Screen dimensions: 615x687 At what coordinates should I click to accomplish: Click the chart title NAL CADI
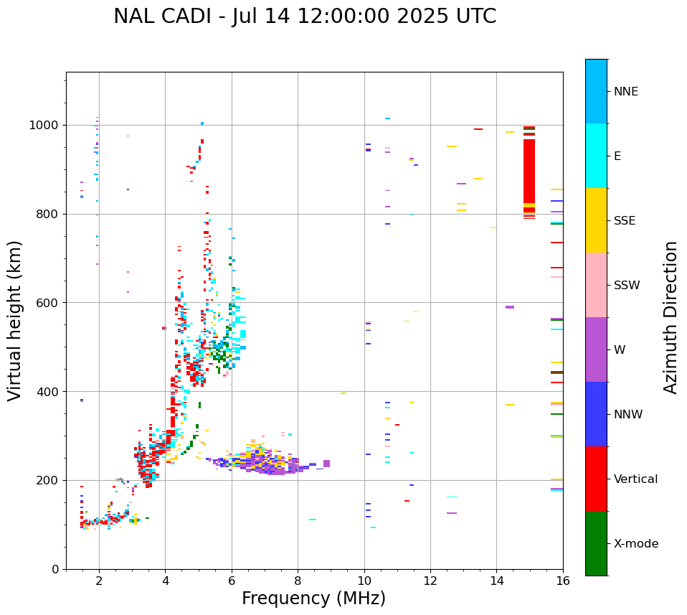305,17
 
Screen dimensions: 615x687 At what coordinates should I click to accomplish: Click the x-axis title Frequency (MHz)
313,598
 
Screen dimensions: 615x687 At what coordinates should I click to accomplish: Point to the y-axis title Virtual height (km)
15,320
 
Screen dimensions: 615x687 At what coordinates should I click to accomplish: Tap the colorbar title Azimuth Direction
671,317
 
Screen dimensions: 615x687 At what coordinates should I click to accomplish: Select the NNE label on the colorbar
625,92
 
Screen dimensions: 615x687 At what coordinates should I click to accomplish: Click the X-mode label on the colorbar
635,544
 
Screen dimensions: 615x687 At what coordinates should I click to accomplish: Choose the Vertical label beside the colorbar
635,479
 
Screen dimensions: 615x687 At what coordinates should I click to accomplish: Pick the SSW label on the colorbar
627,286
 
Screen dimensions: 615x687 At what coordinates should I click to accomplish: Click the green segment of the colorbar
596,543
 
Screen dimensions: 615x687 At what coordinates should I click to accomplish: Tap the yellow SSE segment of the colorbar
596,220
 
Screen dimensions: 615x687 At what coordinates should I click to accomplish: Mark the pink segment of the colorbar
596,285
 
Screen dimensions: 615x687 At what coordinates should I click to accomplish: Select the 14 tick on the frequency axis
496,581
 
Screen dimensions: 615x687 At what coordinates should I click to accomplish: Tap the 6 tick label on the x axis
232,581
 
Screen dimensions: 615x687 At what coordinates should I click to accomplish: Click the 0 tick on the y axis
56,569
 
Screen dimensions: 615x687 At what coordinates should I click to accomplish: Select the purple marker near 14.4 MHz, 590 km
510,307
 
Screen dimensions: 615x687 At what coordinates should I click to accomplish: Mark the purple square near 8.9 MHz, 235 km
327,464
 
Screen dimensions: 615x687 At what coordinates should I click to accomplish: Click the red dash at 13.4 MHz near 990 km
478,129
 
